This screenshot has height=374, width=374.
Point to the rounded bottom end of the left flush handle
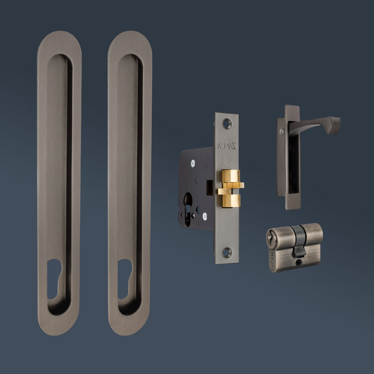(x=59, y=327)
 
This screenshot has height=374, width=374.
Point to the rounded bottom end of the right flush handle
(x=130, y=327)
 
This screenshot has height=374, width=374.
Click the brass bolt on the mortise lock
(x=229, y=188)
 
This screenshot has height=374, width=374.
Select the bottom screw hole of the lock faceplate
(x=227, y=252)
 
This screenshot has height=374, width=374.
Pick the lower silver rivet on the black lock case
(x=203, y=216)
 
